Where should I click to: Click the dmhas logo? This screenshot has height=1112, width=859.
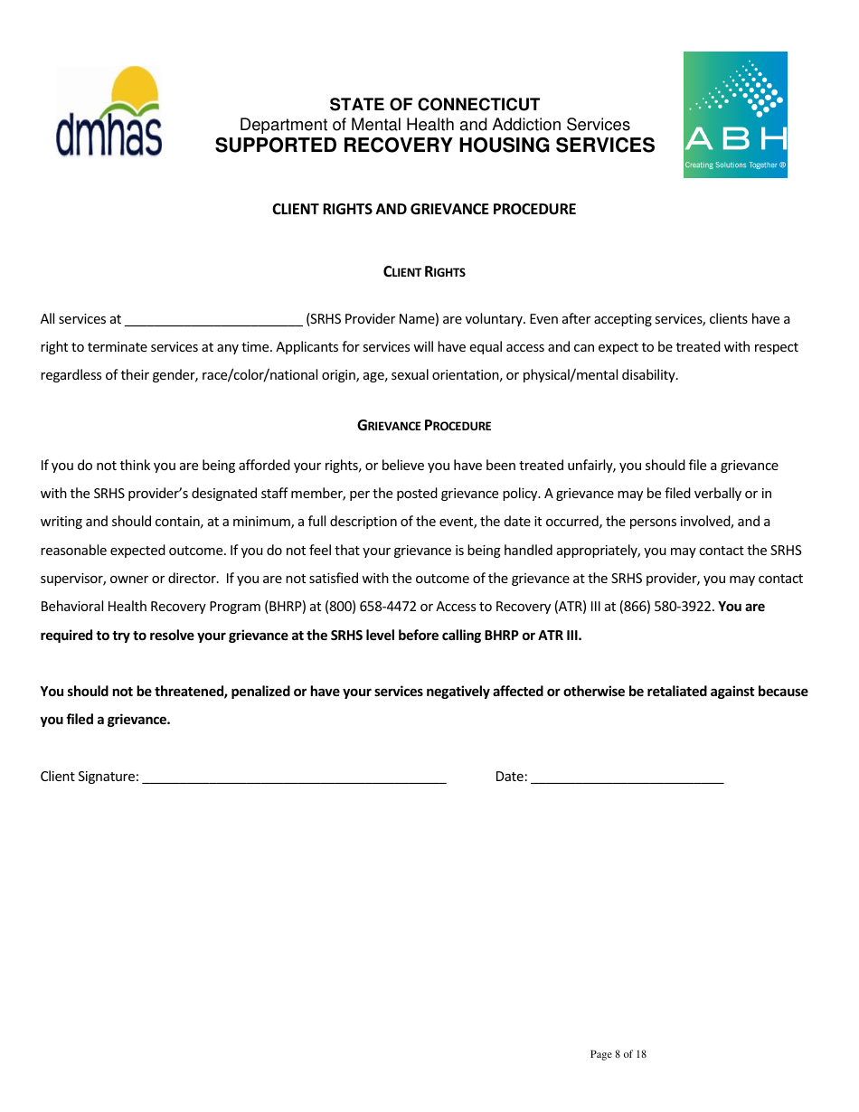point(109,111)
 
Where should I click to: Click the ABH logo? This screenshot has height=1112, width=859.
point(734,115)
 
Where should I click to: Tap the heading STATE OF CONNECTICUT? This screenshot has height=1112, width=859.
point(434,105)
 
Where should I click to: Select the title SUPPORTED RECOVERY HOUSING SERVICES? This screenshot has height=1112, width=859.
point(434,146)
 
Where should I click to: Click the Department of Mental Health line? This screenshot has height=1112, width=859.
point(434,125)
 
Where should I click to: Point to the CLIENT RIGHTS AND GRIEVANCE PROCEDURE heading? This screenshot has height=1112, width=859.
point(424,210)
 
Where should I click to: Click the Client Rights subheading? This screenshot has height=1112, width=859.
point(424,272)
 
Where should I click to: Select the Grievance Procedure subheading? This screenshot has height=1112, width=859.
point(424,426)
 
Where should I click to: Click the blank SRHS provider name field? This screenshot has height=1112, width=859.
point(213,320)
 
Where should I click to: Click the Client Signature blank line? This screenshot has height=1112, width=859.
point(294,777)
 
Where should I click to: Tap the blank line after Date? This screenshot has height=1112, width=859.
point(627,777)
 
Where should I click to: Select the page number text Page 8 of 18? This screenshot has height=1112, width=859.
point(618,1054)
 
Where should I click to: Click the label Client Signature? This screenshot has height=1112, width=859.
point(89,777)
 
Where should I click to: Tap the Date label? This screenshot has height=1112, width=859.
point(510,777)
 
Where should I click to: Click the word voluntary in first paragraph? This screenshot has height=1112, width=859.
point(494,319)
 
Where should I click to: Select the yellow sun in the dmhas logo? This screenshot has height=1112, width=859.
point(133,84)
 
